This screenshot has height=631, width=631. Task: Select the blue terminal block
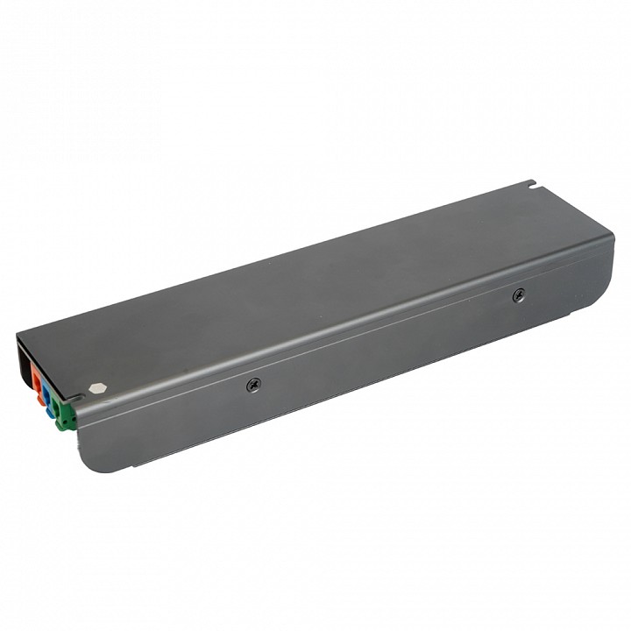tap(46, 393)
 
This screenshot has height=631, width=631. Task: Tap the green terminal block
tap(63, 412)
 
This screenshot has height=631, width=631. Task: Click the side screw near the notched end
tap(518, 295)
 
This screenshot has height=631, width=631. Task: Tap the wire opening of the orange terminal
tap(37, 381)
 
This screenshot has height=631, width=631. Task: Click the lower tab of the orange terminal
tap(40, 401)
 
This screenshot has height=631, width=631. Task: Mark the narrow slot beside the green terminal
tap(76, 399)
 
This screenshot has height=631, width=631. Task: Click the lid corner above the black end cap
tap(18, 335)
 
